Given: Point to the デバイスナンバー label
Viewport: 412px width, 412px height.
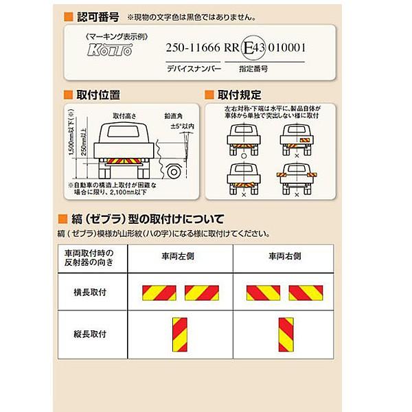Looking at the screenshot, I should pos(193,69).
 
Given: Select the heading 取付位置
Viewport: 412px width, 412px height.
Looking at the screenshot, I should pos(97,94).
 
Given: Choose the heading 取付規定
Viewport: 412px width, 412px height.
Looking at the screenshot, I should pos(237,94).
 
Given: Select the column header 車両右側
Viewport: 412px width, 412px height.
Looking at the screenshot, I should pos(284,255).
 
